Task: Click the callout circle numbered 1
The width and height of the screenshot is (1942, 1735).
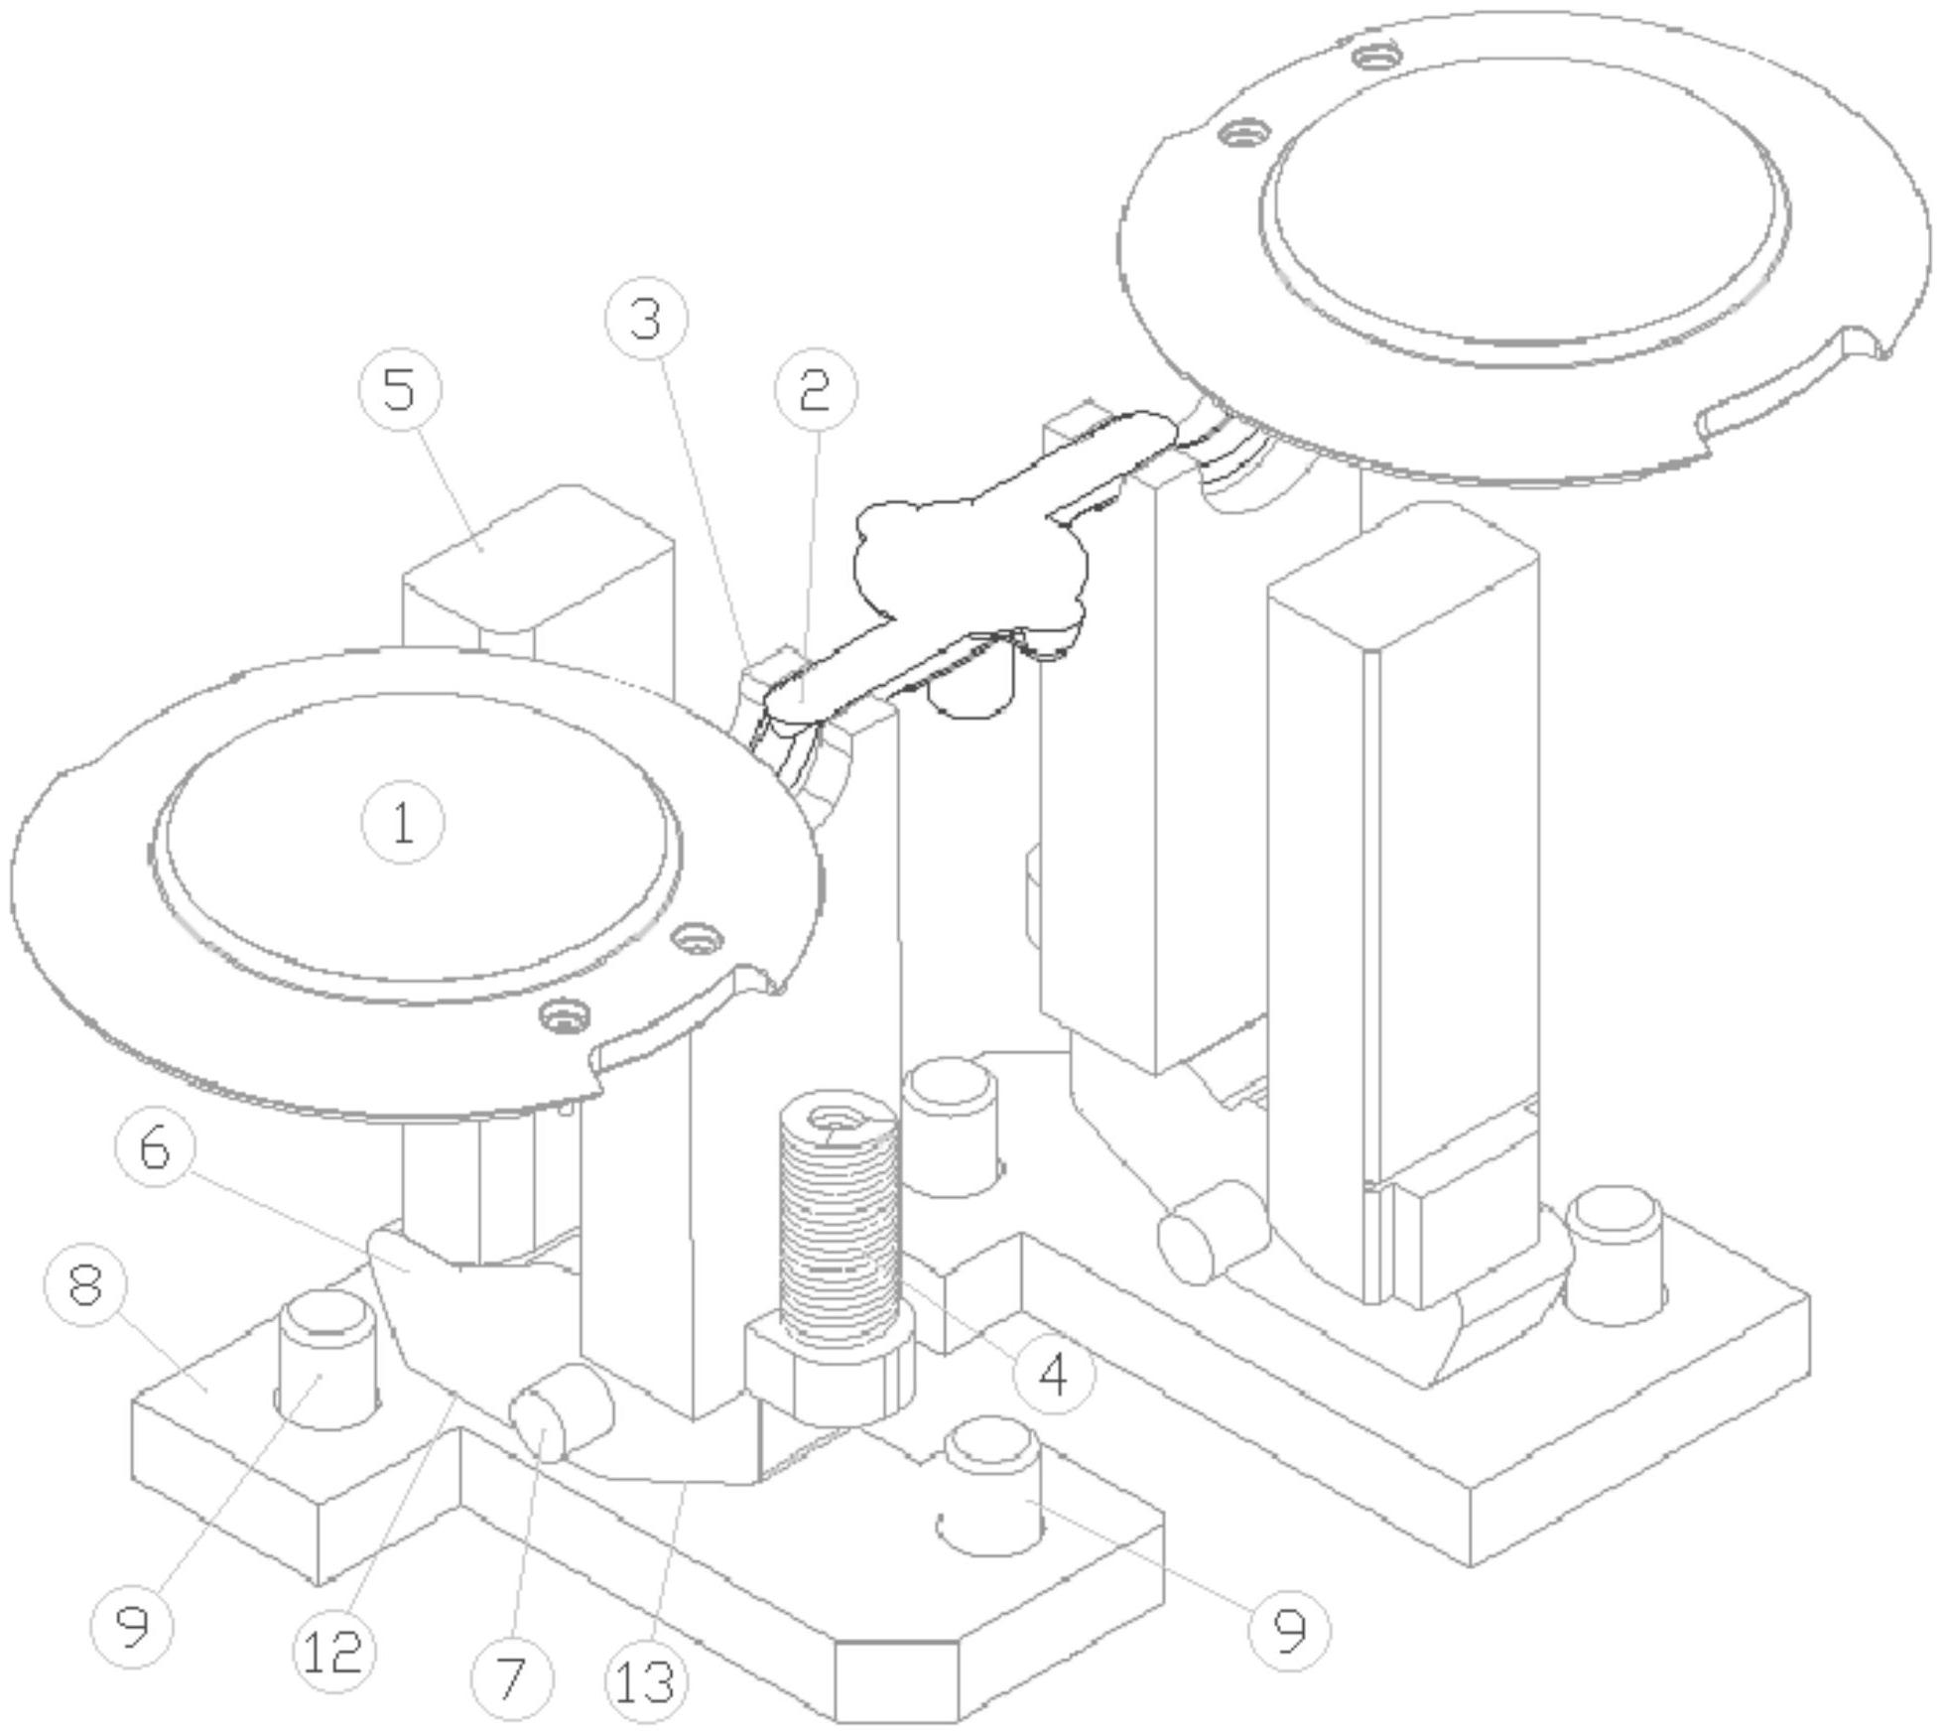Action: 402,823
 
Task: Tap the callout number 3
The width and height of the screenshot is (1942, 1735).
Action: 646,319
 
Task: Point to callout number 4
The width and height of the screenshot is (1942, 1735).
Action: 1054,1375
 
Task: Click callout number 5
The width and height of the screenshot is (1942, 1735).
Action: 399,389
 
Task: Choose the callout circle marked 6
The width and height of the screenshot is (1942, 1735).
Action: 156,1148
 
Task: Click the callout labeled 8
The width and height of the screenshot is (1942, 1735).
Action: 86,1285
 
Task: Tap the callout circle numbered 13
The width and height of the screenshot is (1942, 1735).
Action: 645,1681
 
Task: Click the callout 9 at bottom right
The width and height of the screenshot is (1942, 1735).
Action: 1288,1629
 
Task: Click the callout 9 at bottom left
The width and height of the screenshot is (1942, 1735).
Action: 131,1626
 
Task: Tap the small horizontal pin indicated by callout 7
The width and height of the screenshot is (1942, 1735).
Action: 561,1411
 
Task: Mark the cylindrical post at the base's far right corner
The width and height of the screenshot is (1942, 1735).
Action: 1615,1256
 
